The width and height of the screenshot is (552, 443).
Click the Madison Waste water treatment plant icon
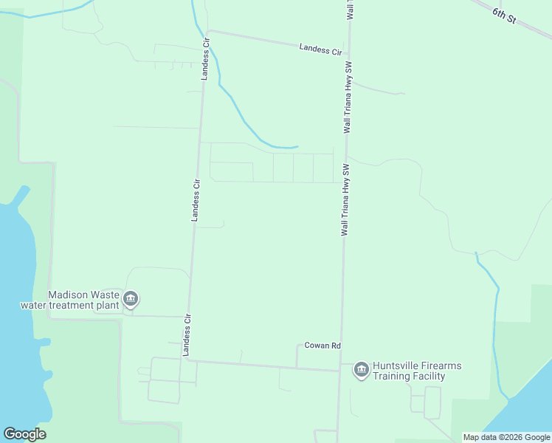(131, 299)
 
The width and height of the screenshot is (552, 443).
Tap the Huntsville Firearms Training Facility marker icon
(361, 369)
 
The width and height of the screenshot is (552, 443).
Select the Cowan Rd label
(322, 346)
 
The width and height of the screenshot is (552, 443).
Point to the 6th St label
(503, 15)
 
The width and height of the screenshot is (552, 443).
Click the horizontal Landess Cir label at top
(321, 50)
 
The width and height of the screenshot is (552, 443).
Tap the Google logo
(24, 434)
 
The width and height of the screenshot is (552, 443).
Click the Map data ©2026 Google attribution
(506, 437)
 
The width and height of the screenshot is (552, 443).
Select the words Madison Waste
(84, 294)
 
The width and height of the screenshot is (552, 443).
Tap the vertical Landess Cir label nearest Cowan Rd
(187, 334)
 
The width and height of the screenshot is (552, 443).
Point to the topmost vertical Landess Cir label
(206, 58)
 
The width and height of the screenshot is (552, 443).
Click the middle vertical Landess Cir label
(196, 199)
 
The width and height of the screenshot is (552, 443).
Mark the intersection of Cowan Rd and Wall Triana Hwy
(339, 370)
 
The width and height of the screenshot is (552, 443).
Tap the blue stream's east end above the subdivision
(297, 146)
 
